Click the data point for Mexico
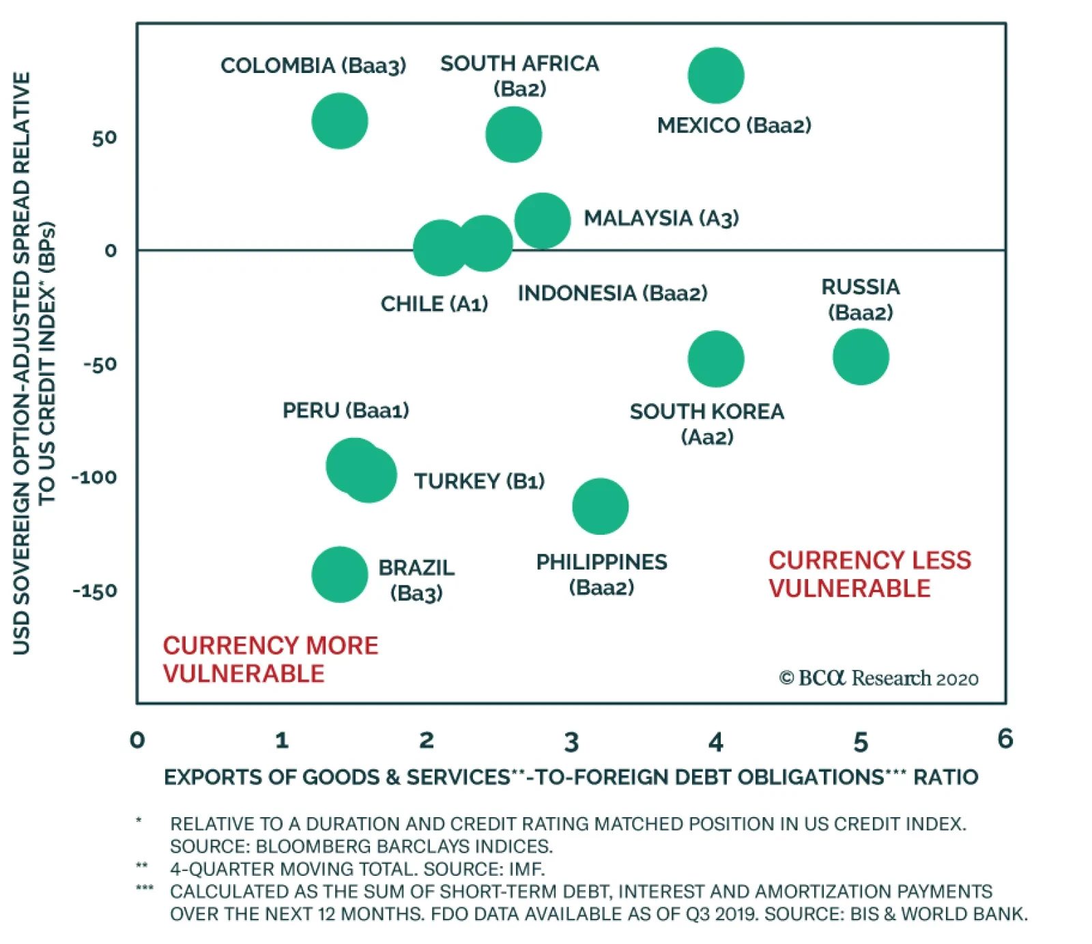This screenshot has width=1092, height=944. (715, 75)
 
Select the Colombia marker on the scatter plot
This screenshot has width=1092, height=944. (339, 121)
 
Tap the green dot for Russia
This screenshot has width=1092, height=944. (861, 357)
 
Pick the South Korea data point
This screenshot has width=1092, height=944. (715, 359)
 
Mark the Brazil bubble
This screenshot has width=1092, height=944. (339, 574)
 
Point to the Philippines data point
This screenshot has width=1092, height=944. (600, 506)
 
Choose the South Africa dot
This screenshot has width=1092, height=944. (513, 134)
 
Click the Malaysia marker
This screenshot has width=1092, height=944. (543, 220)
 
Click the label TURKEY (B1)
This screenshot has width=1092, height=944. (479, 482)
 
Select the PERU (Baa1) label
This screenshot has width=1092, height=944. (345, 411)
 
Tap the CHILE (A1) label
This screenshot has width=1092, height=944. (434, 304)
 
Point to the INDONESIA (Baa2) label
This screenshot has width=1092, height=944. (612, 293)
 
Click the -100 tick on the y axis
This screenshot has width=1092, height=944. (94, 477)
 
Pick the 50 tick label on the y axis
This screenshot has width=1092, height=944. (104, 138)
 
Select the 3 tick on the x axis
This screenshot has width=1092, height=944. (571, 742)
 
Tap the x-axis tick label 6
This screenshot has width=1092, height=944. (1005, 739)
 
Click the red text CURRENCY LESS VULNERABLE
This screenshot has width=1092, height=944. (869, 574)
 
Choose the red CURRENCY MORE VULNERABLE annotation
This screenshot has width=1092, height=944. (270, 660)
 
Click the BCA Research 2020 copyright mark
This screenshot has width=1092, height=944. (878, 678)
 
